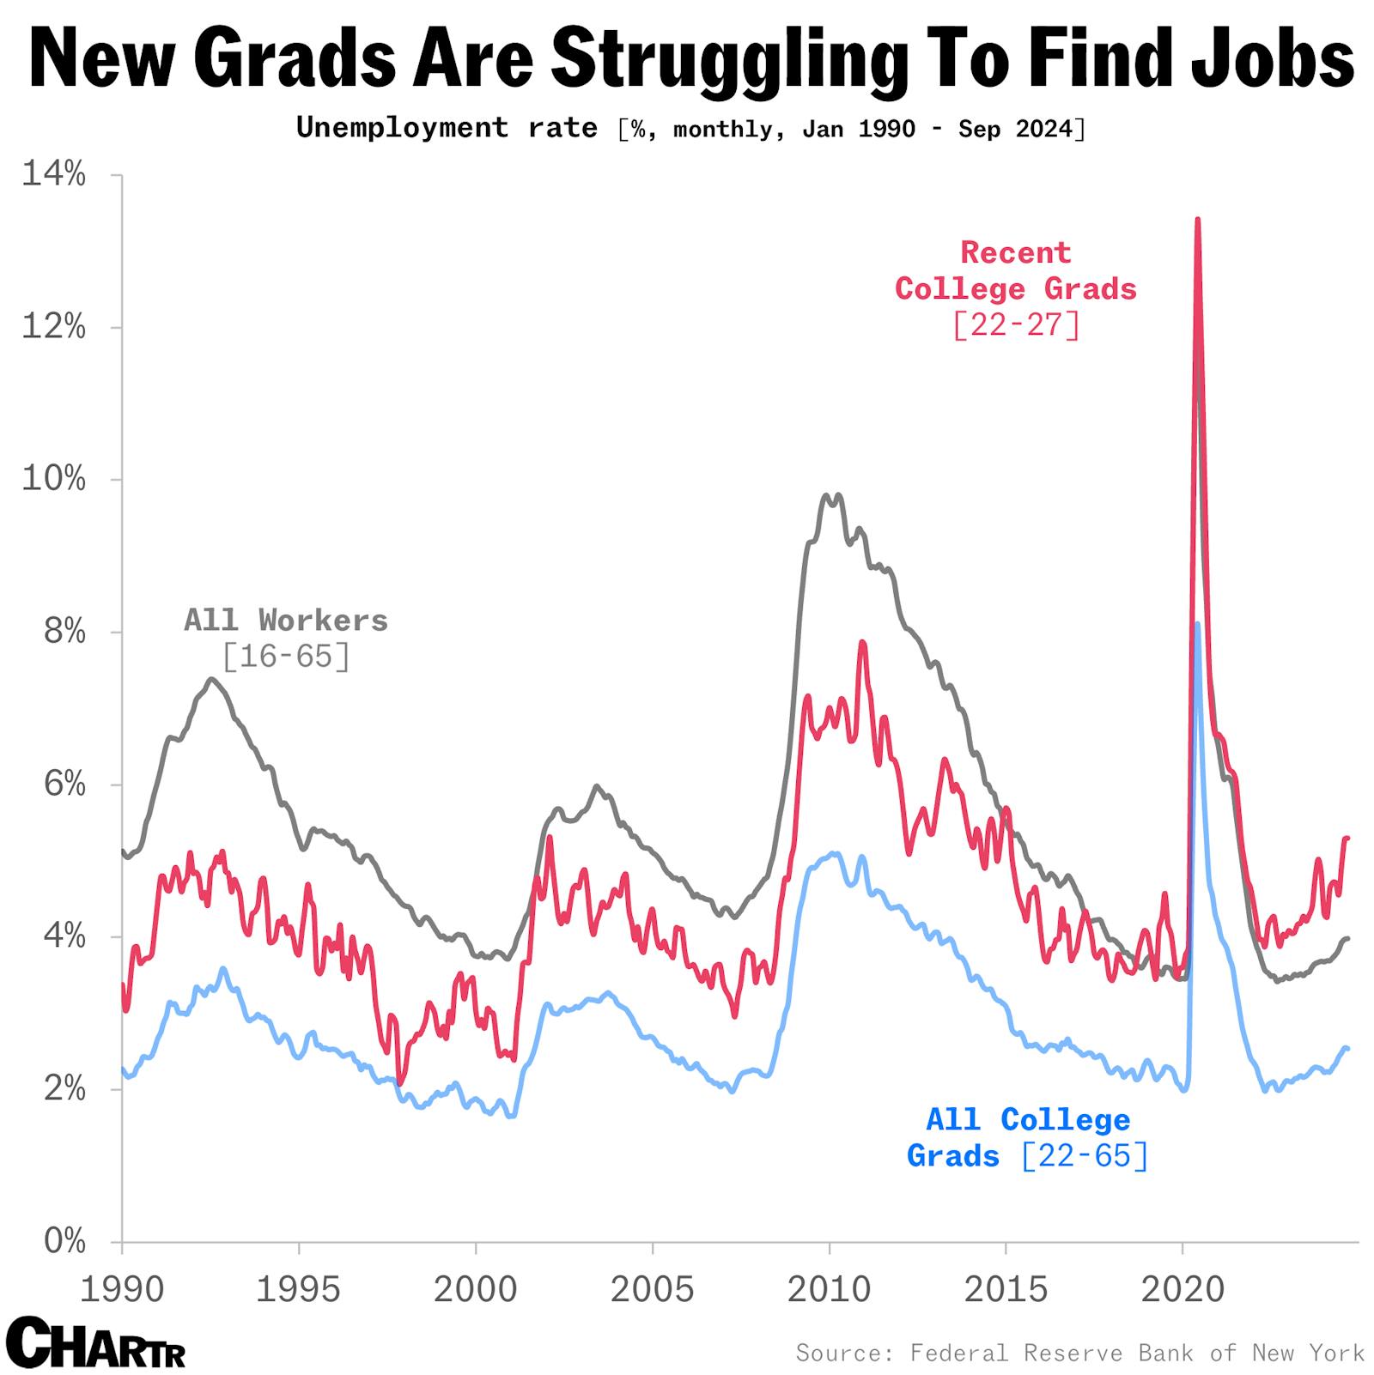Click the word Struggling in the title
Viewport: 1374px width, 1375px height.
(730, 58)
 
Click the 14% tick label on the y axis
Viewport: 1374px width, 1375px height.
(53, 175)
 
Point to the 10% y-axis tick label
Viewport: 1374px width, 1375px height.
(53, 480)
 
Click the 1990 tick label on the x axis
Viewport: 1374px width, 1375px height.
(122, 1289)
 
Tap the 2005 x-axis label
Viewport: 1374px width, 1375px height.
(652, 1289)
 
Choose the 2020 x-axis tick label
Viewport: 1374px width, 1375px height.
(1182, 1289)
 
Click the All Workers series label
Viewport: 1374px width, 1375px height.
(286, 621)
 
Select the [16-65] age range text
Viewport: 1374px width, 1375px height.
(286, 657)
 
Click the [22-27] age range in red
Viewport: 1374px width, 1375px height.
(1016, 325)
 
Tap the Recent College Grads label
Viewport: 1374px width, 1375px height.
(1016, 271)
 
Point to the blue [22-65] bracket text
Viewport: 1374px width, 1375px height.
(1085, 1156)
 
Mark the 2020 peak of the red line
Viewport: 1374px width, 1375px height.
(1197, 220)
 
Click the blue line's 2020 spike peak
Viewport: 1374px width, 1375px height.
(1197, 624)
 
